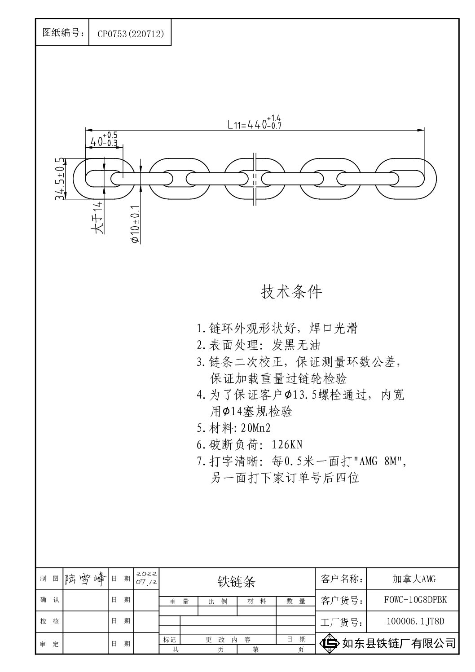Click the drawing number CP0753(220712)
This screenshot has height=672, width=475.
click(x=131, y=34)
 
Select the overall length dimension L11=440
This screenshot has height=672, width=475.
click(x=255, y=122)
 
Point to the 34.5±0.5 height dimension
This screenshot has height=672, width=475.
click(x=60, y=179)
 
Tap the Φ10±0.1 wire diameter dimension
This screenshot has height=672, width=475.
click(x=136, y=224)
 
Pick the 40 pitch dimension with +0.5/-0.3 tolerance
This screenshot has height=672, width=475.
click(x=104, y=140)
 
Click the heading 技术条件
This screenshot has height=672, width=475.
click(x=291, y=292)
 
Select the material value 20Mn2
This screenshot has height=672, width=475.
click(x=255, y=428)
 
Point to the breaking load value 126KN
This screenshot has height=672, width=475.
click(x=286, y=444)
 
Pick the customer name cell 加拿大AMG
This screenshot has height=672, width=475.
click(x=414, y=579)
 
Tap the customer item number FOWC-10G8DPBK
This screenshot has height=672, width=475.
click(x=415, y=600)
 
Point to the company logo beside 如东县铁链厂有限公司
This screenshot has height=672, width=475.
click(x=330, y=643)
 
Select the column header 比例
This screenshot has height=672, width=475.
click(x=218, y=601)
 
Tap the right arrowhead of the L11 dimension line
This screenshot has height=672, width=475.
click(x=422, y=130)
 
